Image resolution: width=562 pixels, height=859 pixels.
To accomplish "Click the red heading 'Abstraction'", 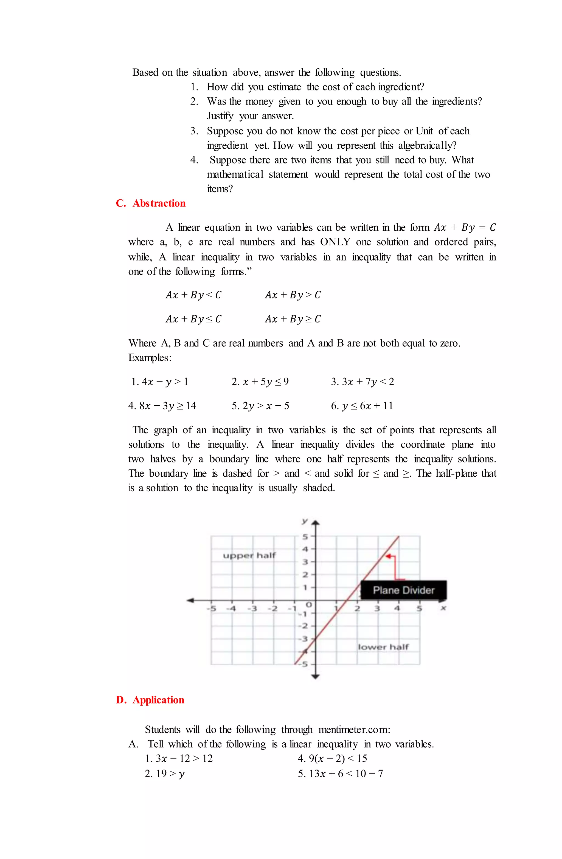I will pos(159,203).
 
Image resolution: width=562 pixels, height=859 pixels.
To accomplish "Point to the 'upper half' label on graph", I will pos(249,555).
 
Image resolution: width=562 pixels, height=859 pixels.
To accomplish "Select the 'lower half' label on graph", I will pos(383,647).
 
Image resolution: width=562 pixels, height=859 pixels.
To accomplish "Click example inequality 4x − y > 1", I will pos(160,382).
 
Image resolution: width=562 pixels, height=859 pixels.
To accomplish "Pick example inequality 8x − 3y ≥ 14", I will pos(162,406).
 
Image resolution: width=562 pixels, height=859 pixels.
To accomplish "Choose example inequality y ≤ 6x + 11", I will pos(362,406).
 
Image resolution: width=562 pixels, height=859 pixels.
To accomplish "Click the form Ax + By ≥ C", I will pos(293,319).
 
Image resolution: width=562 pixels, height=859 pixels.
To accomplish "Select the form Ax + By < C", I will pos(193,295).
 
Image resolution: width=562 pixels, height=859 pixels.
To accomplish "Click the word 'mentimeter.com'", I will pos(354,730).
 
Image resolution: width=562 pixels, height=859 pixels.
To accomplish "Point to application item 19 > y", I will pos(165,773).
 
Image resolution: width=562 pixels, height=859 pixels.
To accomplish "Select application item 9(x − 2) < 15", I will pos(332,759).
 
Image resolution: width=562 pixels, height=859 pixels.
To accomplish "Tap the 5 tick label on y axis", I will pos(305,537).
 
